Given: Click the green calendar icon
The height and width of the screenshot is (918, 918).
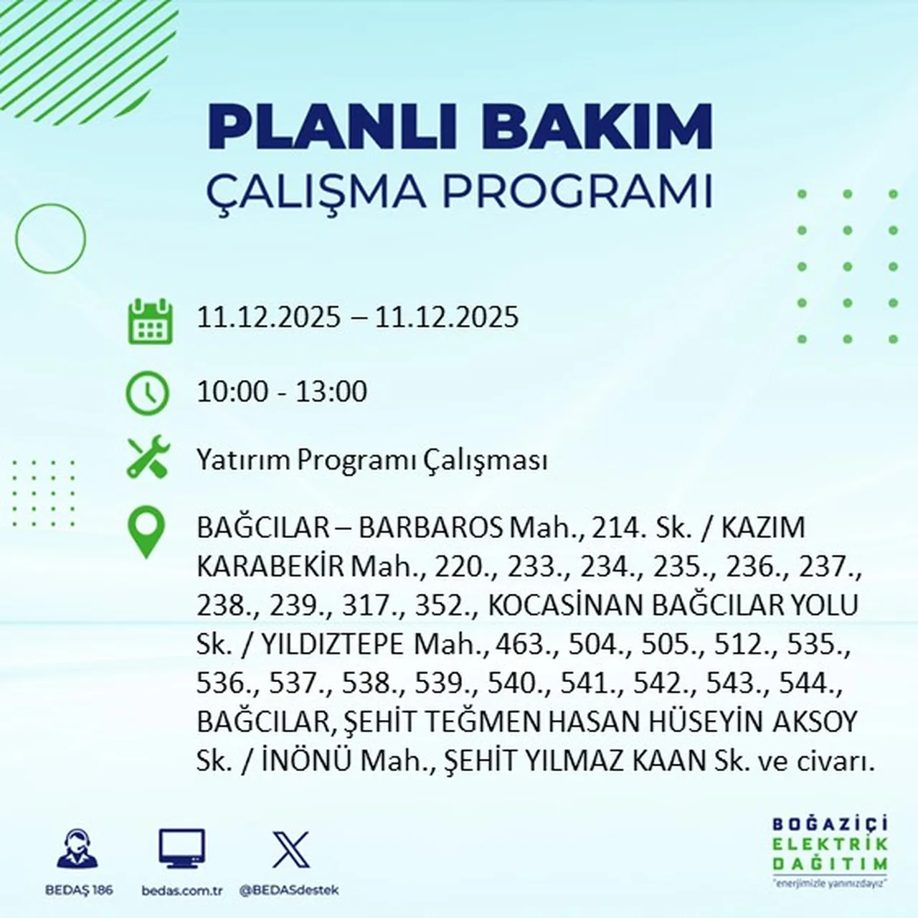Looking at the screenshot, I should (150, 321).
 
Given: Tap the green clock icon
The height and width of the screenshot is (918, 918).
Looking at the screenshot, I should (147, 393).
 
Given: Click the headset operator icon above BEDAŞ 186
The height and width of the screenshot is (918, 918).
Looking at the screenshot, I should (77, 850).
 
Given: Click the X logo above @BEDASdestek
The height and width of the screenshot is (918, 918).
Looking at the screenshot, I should (290, 850).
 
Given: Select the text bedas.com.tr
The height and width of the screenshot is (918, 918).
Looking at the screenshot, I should (182, 890).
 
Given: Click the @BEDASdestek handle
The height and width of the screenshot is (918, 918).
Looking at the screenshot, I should (288, 890).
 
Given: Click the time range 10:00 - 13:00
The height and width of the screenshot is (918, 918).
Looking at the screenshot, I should (282, 392).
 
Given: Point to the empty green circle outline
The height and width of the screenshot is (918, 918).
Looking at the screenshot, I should (50, 238).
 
